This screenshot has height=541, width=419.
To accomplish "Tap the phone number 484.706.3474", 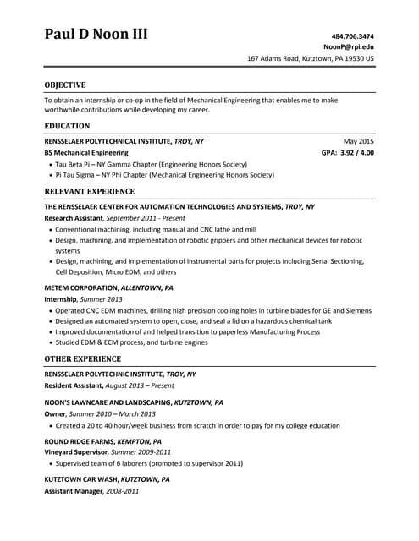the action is pyautogui.click(x=353, y=36).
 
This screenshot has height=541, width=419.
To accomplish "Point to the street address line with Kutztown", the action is pyautogui.click(x=310, y=59).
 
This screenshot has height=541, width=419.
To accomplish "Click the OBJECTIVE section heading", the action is pyautogui.click(x=64, y=85).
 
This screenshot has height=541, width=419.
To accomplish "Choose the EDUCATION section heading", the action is pyautogui.click(x=67, y=125).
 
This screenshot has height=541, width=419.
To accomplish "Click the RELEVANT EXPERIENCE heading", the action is pyautogui.click(x=89, y=192).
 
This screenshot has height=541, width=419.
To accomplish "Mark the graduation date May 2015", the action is pyautogui.click(x=358, y=140).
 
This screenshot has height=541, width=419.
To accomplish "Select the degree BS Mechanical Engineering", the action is pyautogui.click(x=86, y=153).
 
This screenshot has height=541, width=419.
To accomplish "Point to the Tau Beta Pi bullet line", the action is pyautogui.click(x=151, y=164).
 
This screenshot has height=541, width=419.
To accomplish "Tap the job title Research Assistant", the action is pyautogui.click(x=73, y=217).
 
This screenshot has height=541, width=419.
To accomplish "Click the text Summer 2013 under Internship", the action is pyautogui.click(x=102, y=299).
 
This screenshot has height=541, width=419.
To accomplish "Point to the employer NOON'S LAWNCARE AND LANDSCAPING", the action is pyautogui.click(x=108, y=403).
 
